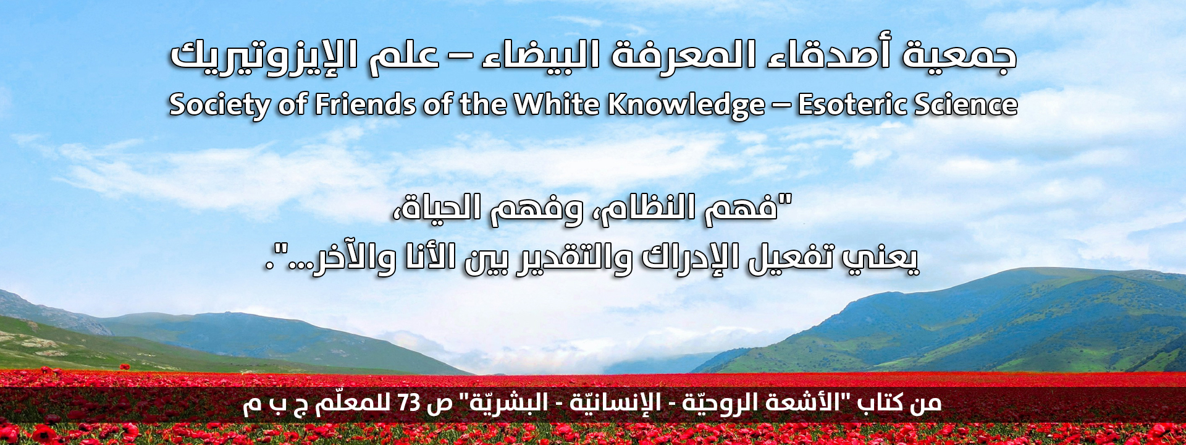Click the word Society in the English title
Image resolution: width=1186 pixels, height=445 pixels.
(x=219, y=104)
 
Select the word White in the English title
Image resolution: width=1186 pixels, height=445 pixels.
(x=557, y=104)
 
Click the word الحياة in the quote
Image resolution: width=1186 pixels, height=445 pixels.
(x=441, y=208)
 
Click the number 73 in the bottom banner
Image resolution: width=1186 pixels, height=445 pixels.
(x=409, y=403)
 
